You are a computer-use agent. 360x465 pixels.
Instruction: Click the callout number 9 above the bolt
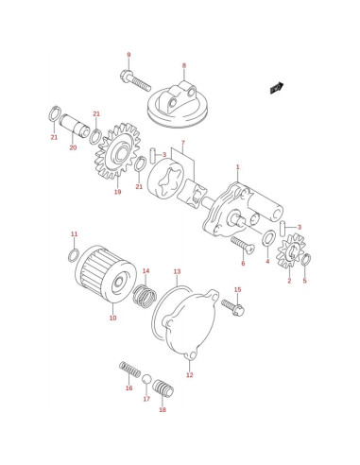(129, 55)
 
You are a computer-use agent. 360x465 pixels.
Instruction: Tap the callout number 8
(184, 65)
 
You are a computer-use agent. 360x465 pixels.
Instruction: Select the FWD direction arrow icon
(277, 88)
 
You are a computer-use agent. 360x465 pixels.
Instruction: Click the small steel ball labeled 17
(146, 379)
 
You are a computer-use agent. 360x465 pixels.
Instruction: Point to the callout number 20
(73, 147)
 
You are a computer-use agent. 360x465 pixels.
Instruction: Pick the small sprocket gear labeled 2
(290, 252)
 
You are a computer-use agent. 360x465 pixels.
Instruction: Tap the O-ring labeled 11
(74, 255)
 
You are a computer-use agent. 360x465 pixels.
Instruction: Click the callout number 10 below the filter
(113, 318)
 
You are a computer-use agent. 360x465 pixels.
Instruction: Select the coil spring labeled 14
(145, 296)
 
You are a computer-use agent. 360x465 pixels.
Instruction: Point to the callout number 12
(189, 375)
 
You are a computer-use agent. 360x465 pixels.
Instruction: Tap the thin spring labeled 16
(129, 370)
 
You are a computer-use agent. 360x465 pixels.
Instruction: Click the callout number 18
(163, 410)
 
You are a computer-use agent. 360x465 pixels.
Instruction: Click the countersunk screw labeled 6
(243, 245)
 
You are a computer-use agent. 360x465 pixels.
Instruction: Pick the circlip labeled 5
(306, 259)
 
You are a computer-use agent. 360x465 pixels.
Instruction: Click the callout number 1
(238, 166)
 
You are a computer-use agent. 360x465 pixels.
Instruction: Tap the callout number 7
(183, 143)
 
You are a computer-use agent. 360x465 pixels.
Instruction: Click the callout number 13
(178, 271)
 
